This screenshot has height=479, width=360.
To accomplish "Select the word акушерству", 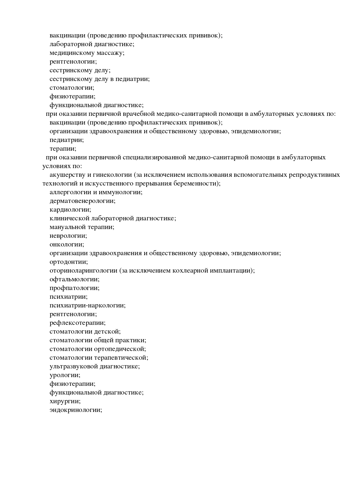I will click(67, 175).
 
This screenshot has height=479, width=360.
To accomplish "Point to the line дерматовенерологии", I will click(82, 201).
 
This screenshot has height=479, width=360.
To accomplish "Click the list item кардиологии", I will click(70, 210).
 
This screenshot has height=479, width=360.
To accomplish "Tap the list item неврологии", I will click(68, 236).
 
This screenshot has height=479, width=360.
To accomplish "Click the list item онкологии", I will click(67, 244).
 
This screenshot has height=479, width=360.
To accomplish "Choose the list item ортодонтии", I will click(69, 262).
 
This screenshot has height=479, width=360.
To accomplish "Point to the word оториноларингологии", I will click(83, 271).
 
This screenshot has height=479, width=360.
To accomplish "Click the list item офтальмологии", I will click(74, 280).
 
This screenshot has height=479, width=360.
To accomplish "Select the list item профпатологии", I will click(74, 288).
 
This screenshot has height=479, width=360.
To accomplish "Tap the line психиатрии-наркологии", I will click(88, 305).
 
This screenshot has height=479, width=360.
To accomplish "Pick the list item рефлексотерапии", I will click(78, 323).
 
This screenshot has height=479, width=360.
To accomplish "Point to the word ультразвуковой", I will click(74, 366).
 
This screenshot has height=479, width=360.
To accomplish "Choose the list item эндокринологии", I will click(76, 410).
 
